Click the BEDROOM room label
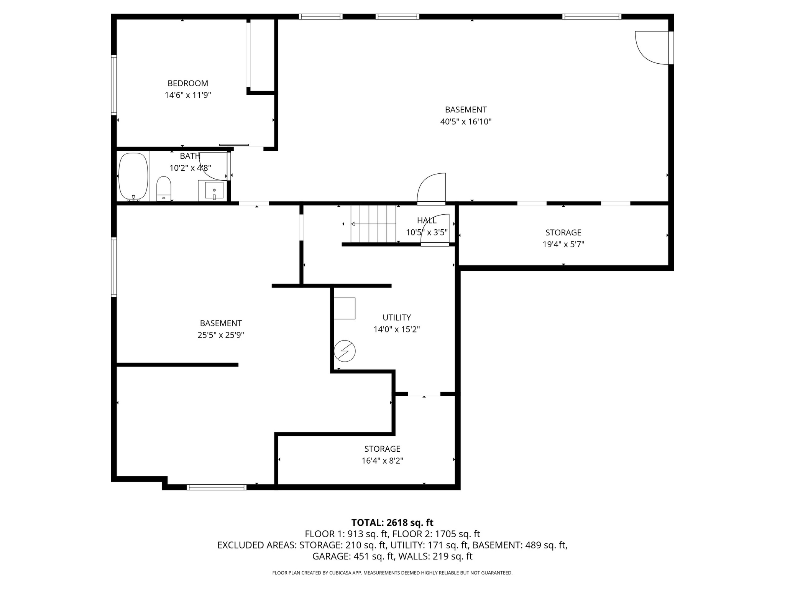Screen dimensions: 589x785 188,83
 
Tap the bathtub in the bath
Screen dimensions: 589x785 133,176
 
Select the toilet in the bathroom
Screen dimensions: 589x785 164,188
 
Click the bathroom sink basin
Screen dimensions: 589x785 214,190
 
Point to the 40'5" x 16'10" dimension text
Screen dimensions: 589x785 466,122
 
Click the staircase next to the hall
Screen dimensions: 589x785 373,224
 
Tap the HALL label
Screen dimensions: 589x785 426,220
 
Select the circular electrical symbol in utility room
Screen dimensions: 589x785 345,351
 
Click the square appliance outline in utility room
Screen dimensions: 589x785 344,308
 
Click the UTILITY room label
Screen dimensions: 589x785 397,318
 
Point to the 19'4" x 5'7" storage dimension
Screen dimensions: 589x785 563,244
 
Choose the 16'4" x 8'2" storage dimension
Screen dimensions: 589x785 382,461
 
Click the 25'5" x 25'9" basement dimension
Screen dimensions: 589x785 221,335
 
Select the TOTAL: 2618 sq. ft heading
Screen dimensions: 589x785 392,523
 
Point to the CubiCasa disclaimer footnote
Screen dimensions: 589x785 392,573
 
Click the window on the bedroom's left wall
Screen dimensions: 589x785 114,85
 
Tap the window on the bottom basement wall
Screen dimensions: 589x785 217,487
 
